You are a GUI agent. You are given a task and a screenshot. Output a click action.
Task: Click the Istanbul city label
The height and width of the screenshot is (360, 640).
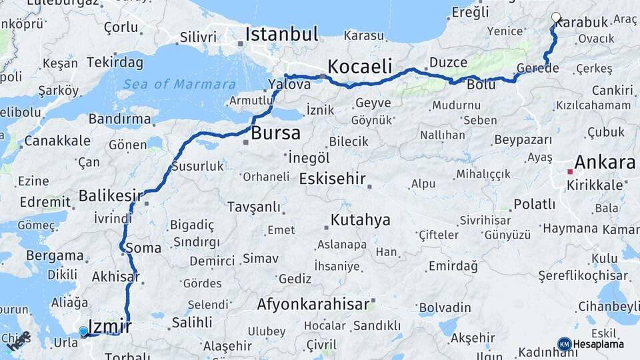pos(282,34)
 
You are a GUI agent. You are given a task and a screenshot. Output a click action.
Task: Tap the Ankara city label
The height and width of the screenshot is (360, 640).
pos(605,162)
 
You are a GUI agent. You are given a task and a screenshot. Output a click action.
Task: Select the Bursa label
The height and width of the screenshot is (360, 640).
pos(275,133)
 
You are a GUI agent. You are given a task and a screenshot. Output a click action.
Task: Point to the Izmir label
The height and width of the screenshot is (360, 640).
pos(110,327)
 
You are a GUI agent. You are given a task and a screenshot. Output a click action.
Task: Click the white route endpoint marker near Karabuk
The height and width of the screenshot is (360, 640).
pos(556,17)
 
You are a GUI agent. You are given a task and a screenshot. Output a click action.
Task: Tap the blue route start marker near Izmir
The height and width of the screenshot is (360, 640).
pos(83,331)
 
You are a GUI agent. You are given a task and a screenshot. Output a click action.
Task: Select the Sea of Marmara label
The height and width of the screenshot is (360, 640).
pos(179,84)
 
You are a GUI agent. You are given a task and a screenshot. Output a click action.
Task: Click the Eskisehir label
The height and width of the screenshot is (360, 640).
pos(333,179)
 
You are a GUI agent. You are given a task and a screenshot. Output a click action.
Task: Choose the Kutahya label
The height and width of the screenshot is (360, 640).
pos(361,220)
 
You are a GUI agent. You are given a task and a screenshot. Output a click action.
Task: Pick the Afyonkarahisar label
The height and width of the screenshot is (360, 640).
pos(313,305)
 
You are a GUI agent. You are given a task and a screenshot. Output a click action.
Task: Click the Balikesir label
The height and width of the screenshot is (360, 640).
pos(111,196)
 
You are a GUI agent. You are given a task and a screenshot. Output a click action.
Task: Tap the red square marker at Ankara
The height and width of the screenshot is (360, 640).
pos(570,171)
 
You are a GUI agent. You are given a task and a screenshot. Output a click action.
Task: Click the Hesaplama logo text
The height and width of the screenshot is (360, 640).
pos(599,344)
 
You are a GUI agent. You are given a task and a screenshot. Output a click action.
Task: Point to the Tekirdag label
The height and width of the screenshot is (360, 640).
pos(115,63)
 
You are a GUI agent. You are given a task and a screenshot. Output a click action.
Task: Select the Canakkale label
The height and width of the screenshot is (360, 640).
pos(57,141)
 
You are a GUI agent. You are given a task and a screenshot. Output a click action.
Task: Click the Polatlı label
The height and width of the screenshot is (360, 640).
pos(533,203)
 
